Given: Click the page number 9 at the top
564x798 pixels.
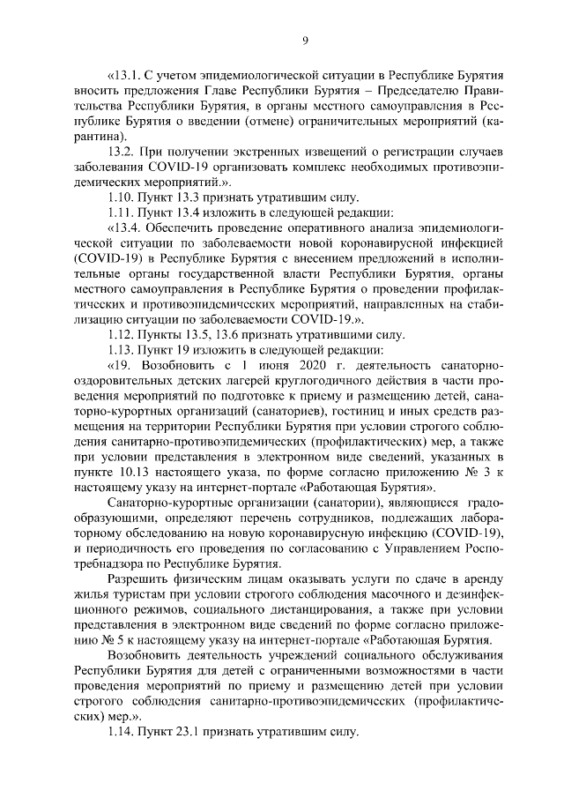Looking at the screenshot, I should coord(304,40).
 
